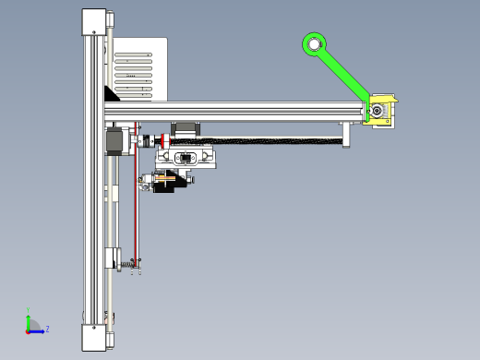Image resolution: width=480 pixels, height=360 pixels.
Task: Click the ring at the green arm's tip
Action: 314,43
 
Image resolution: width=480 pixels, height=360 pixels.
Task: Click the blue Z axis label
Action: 47,329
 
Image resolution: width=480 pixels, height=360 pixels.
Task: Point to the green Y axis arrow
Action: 28,318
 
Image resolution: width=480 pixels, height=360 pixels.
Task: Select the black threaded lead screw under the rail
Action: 277,139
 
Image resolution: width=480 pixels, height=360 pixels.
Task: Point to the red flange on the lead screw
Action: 163,140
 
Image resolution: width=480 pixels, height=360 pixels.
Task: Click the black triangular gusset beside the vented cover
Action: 114,93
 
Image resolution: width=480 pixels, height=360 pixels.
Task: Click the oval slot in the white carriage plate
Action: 184,158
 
